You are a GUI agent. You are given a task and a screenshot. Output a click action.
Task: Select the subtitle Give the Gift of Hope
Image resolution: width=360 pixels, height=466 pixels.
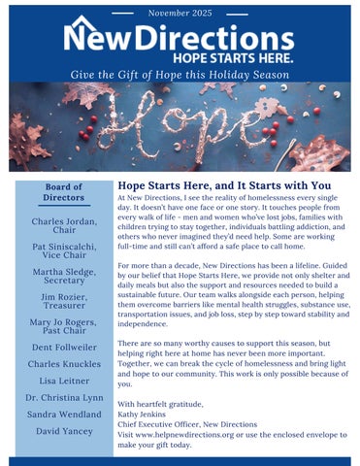(180, 75)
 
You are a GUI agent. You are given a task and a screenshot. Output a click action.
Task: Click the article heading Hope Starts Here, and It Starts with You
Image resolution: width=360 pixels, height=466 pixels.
(223, 185)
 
